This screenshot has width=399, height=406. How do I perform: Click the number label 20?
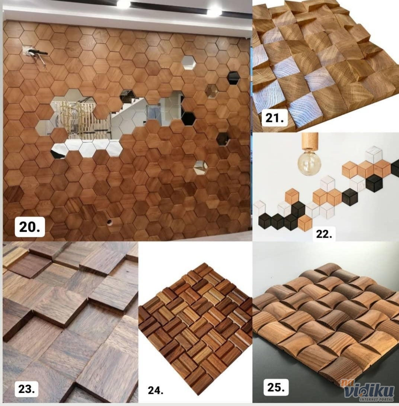pos(30,227)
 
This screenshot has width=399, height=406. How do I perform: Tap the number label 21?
pos(275,118)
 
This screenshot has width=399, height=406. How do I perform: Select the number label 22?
pos(324,234)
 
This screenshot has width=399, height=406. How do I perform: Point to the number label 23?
pos(26,389)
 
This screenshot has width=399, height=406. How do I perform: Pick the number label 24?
pos(156,390)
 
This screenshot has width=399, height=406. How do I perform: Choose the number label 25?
pos(276,387)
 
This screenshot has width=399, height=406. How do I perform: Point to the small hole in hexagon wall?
pos(109,222)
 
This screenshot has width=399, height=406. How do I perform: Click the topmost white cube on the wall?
pos(374,155)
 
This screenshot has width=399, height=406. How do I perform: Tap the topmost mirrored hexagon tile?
pos(188,62)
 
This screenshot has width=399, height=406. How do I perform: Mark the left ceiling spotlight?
pos(124,4)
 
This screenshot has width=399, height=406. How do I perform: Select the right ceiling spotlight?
pos(214,11)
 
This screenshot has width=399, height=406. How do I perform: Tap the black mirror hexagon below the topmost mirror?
pos(233,78)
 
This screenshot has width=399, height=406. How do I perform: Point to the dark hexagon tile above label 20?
pos(13,194)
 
